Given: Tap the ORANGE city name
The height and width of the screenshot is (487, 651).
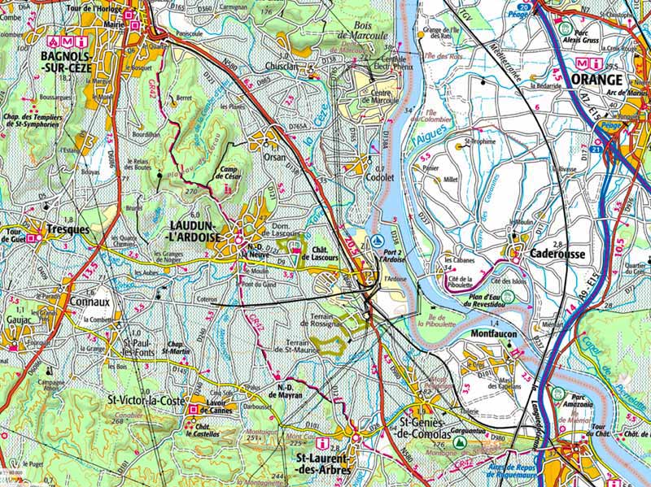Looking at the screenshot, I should [x=596, y=79].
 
